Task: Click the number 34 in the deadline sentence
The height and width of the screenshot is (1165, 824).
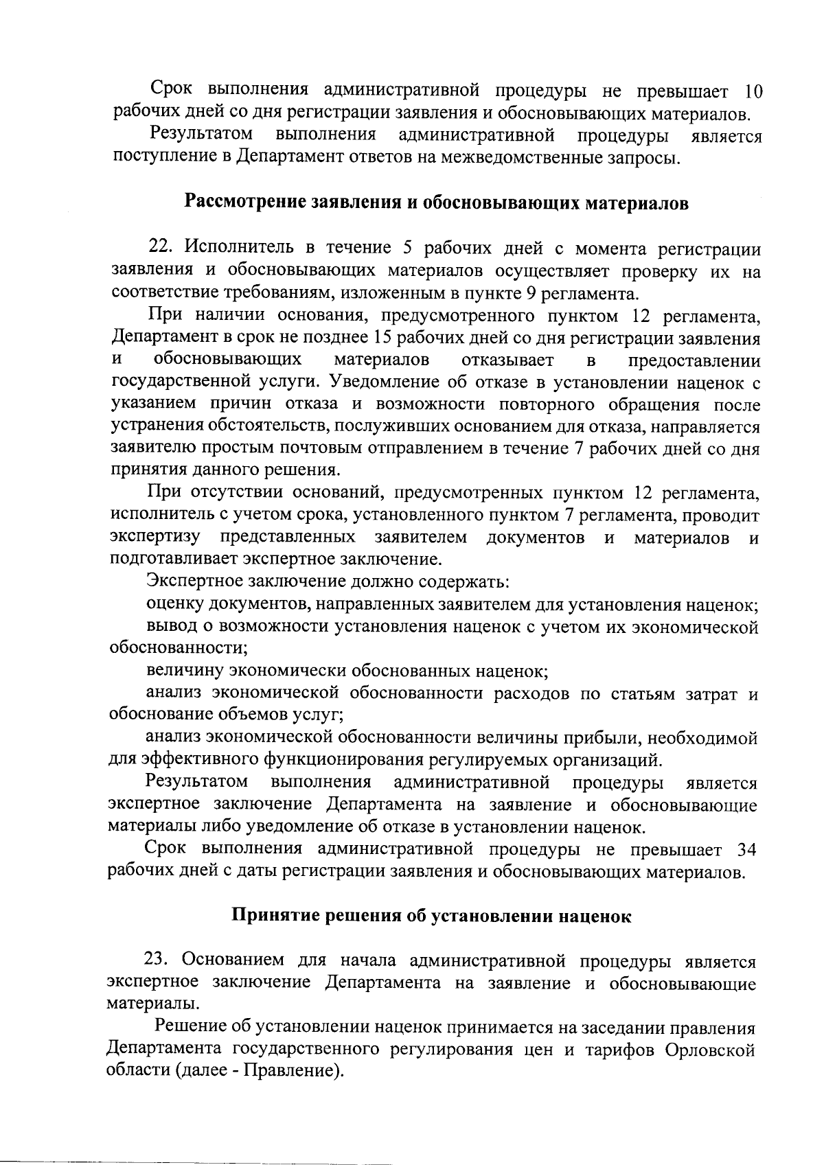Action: (x=746, y=850)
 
